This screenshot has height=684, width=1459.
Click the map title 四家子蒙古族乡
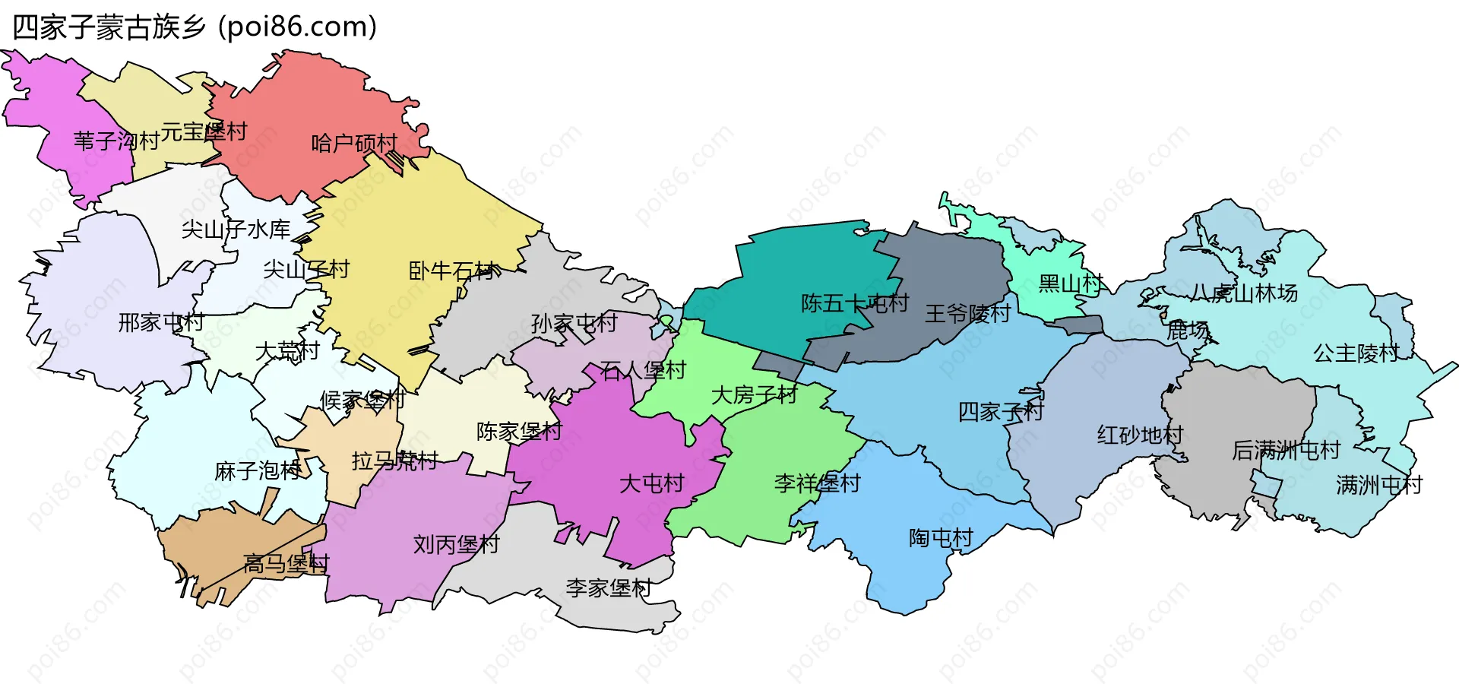[109, 27]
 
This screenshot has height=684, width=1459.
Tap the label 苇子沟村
[116, 141]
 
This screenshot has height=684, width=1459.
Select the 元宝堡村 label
[204, 131]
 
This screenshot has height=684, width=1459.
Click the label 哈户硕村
[354, 143]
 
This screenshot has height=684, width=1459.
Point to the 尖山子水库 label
[236, 229]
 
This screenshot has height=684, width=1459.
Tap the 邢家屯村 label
[161, 322]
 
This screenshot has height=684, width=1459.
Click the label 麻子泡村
[258, 471]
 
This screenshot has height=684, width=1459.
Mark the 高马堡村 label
[286, 563]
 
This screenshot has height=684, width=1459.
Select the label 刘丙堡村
[456, 544]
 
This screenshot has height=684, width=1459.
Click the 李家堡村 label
[608, 587]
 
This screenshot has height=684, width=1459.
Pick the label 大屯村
[651, 483]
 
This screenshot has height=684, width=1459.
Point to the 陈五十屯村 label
[855, 303]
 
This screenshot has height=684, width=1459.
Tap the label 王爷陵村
[967, 313]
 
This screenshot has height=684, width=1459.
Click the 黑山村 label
[1071, 283]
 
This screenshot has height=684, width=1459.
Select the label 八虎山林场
[1244, 293]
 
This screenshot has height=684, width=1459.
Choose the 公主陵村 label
[1356, 353]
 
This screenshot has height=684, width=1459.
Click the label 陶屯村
[941, 538]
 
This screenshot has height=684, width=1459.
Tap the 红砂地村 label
[1140, 435]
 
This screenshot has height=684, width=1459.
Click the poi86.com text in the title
[298, 27]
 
